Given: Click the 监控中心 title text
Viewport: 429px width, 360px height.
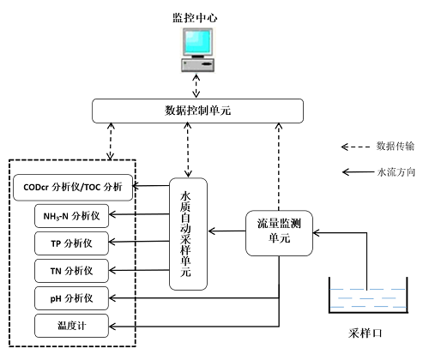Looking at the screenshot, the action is click(x=195, y=18).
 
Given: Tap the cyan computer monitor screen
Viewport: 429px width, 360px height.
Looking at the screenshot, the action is click(x=197, y=41).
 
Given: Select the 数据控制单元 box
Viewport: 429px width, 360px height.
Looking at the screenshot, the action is click(x=197, y=111).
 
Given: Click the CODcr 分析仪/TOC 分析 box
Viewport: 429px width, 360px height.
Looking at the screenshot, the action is click(x=73, y=188).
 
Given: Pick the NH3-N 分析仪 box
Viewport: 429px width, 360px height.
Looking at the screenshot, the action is click(x=71, y=216).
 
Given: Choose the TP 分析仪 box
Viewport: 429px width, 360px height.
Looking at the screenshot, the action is click(x=71, y=243).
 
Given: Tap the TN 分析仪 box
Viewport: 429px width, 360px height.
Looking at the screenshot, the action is click(x=71, y=271).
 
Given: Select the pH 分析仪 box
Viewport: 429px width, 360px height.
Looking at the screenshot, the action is click(x=71, y=298).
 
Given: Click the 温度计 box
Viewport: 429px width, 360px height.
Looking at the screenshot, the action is click(x=71, y=326).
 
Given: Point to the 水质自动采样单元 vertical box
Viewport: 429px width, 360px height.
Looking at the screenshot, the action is click(x=188, y=234).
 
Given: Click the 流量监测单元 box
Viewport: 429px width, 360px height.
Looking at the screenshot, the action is click(x=279, y=233).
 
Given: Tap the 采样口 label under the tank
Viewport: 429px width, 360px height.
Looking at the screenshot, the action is click(x=366, y=333).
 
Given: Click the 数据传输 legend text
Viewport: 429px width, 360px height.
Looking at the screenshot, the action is click(x=396, y=147).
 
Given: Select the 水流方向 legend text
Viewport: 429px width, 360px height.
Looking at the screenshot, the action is click(x=396, y=172).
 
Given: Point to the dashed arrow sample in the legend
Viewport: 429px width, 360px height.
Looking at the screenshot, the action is click(x=356, y=147).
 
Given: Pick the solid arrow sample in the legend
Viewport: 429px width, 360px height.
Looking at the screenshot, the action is click(x=358, y=172).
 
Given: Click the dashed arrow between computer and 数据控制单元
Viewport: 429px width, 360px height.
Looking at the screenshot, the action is click(x=196, y=86).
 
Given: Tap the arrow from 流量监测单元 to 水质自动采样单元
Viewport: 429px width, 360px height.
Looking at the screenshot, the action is click(x=227, y=231).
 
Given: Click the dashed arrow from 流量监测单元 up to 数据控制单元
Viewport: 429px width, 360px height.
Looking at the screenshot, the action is click(x=279, y=167).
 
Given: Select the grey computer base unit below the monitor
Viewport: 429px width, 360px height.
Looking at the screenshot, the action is click(x=197, y=64).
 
